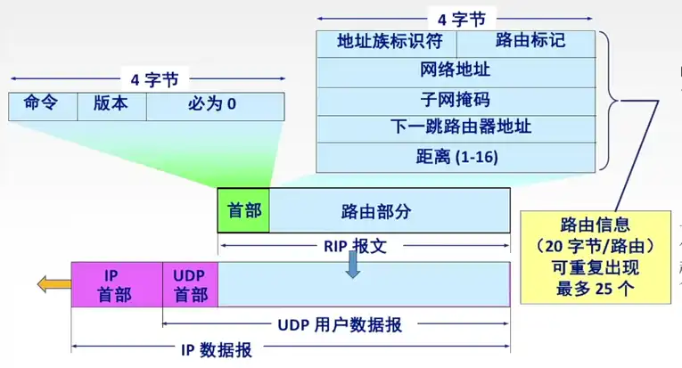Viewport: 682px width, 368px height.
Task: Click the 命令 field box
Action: click(x=43, y=104)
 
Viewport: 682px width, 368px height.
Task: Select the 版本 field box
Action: click(x=111, y=104)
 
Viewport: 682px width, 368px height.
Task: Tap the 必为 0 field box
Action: click(x=214, y=104)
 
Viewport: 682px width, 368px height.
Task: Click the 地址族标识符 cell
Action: click(x=385, y=42)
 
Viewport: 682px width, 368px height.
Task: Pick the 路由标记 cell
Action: click(x=526, y=42)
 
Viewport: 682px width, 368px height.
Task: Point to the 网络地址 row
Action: click(x=455, y=70)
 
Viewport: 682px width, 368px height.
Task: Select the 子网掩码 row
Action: click(x=455, y=99)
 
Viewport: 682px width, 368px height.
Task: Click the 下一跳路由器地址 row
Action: click(x=455, y=127)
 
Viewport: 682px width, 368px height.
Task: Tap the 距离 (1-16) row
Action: click(x=455, y=156)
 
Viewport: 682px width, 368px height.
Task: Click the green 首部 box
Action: click(x=243, y=211)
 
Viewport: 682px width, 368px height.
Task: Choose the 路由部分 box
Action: click(x=390, y=211)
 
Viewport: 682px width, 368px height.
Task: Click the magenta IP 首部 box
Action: click(x=117, y=284)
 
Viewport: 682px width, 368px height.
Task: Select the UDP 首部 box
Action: click(x=190, y=284)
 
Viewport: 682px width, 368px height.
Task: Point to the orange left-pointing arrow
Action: click(x=53, y=284)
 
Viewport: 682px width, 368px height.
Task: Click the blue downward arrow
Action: click(x=353, y=265)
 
